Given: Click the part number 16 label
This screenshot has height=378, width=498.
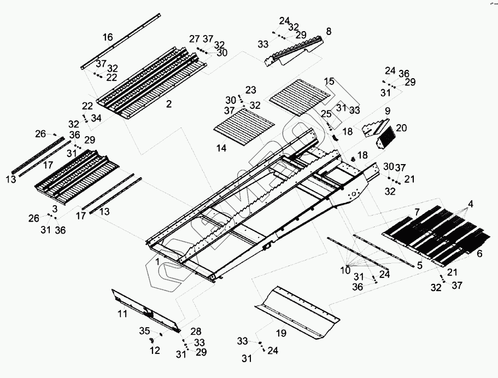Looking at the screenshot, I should [108, 37].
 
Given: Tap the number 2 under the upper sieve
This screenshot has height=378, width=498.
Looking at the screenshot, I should [169, 104].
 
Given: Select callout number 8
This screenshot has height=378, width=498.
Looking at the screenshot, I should [328, 32].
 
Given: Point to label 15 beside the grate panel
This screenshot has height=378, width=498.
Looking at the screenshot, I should [329, 82].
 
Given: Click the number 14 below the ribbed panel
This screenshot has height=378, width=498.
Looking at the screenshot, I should [221, 148].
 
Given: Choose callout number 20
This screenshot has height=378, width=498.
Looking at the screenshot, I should [401, 128].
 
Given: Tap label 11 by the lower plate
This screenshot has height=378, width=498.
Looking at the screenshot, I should [122, 314].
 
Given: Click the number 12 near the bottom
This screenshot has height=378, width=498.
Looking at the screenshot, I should [155, 350].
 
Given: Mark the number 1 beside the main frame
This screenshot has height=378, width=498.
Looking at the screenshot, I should [157, 263].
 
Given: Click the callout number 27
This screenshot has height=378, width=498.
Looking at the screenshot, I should [195, 39].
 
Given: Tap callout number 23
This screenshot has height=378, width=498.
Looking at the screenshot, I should [250, 89].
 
